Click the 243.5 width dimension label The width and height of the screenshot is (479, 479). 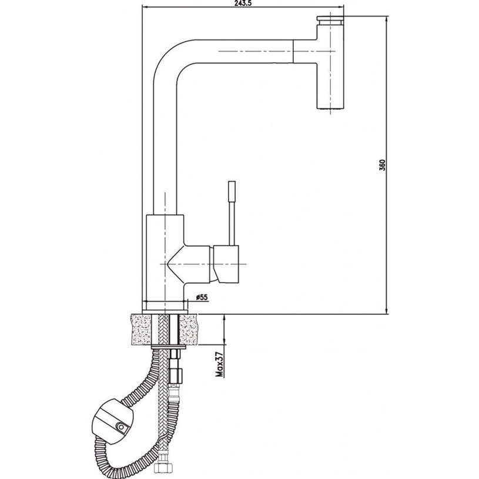(x=243, y=3)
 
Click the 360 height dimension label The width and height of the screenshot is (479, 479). (x=383, y=165)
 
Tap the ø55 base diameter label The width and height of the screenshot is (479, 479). (x=202, y=297)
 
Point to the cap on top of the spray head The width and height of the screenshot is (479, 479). (x=330, y=20)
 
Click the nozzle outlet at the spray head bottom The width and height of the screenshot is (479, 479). (x=330, y=106)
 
